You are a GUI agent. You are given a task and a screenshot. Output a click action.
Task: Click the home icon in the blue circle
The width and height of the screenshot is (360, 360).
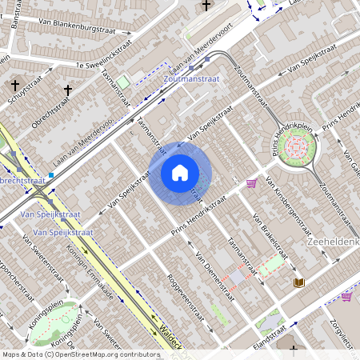click(x=180, y=173)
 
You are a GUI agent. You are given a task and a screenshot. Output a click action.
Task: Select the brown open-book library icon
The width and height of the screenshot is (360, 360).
click(x=299, y=282)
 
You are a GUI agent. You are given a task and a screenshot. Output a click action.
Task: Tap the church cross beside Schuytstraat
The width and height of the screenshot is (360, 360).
click(x=15, y=84)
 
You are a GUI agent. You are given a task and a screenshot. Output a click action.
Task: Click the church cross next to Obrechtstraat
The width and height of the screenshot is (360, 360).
click(x=68, y=90)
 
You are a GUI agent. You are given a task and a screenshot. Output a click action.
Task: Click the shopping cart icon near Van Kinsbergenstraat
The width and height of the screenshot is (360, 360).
click(x=251, y=183)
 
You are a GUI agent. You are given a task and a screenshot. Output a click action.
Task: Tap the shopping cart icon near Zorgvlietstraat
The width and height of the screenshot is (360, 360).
click(x=346, y=296)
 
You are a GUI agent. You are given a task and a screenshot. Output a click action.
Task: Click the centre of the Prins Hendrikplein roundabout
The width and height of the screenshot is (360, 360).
click(x=296, y=146)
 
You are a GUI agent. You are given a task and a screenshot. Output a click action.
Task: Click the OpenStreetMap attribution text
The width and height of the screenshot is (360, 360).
click(x=80, y=354)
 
